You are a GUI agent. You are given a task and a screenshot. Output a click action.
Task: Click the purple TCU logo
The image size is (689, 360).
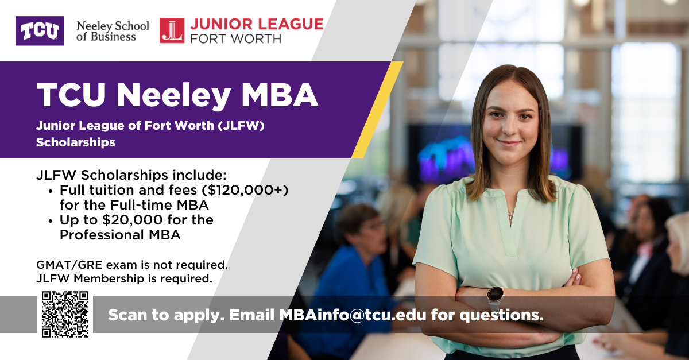click(x=40, y=30)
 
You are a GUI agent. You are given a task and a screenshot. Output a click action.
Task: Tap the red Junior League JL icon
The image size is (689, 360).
click(x=172, y=31)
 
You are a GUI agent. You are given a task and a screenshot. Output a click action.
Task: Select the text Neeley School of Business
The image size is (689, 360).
click(x=112, y=31)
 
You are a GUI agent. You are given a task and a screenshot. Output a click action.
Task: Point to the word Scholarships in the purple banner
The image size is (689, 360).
click(x=75, y=142)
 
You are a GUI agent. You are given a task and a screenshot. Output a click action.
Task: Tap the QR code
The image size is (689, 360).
click(x=65, y=314)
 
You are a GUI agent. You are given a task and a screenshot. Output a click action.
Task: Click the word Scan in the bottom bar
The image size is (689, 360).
click(x=128, y=315)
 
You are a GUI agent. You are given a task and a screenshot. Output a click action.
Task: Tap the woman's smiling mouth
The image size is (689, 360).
click(x=508, y=144)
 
